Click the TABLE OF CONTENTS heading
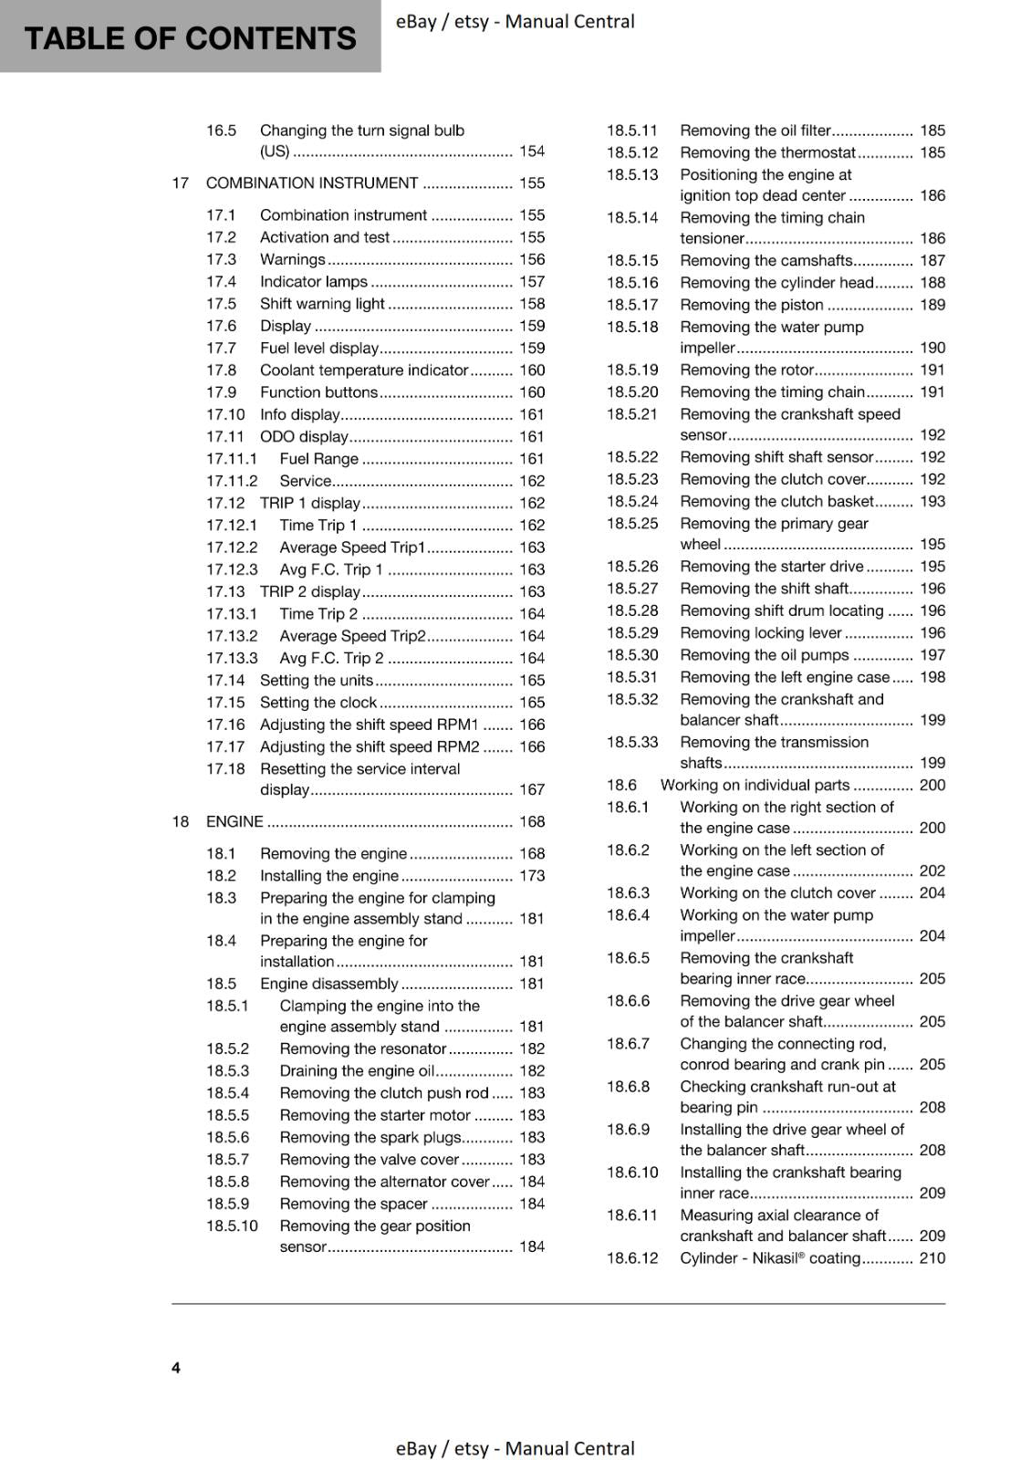coord(190,38)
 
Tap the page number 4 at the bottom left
coord(176,1367)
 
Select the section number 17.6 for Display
coord(221,326)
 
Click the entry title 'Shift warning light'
coord(322,304)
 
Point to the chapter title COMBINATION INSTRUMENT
coord(312,183)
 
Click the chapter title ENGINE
coord(234,821)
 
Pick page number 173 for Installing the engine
coord(532,876)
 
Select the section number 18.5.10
coord(232,1225)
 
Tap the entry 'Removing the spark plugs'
coord(370,1137)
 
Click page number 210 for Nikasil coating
coord(932,1258)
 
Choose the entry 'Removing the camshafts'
coord(765,261)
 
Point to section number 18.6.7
coord(629,1043)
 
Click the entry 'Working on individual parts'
coord(755,785)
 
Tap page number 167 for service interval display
coord(532,790)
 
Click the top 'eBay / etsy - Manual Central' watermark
coord(515,21)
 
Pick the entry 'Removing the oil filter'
coord(755,130)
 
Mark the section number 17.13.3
coord(232,658)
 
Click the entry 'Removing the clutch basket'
coord(776,501)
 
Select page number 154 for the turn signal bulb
coord(532,151)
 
